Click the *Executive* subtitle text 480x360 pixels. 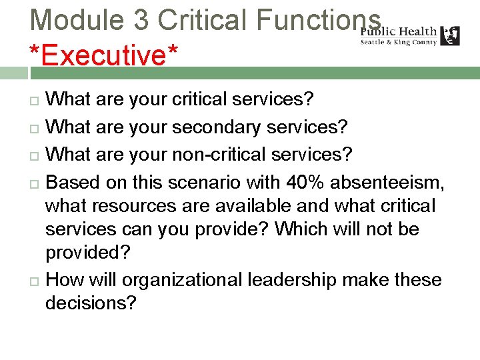[104, 55]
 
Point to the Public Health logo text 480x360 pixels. [399, 31]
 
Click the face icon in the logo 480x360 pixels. [450, 35]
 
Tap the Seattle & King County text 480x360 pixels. [399, 42]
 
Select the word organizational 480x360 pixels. [183, 280]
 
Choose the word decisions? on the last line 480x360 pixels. [91, 303]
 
